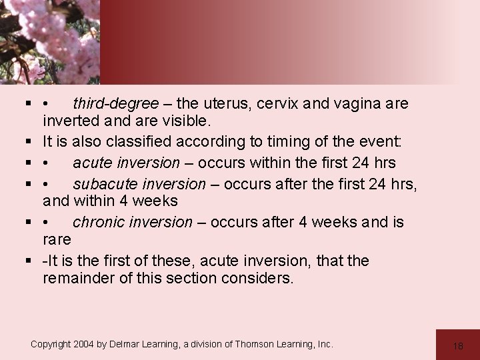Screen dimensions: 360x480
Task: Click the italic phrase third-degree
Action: [x=115, y=104]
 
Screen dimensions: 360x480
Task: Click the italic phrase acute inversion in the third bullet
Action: [x=126, y=163]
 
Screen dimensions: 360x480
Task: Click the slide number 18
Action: [x=457, y=345]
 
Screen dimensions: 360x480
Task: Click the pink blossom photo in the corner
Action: [x=49, y=40]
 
